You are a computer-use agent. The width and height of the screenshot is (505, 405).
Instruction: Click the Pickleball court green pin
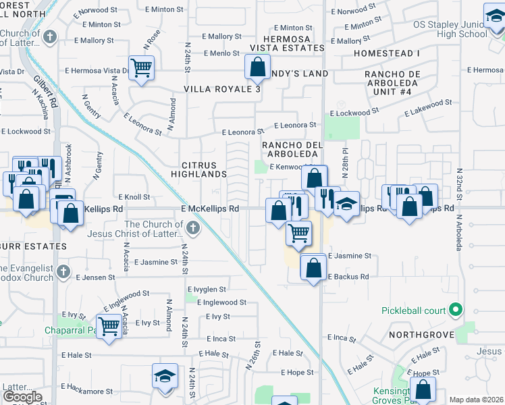(x=456, y=310)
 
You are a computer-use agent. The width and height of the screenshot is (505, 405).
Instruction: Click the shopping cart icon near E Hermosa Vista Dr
(x=142, y=67)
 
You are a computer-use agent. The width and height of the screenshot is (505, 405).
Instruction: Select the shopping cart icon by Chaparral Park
(x=108, y=327)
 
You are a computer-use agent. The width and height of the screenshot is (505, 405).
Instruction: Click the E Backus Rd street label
(x=349, y=277)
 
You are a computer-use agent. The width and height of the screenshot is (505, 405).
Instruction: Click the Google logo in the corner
(x=22, y=397)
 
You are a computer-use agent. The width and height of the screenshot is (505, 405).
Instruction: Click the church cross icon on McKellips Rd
(x=194, y=227)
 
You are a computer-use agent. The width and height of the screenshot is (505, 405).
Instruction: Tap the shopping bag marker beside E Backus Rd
(x=314, y=267)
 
